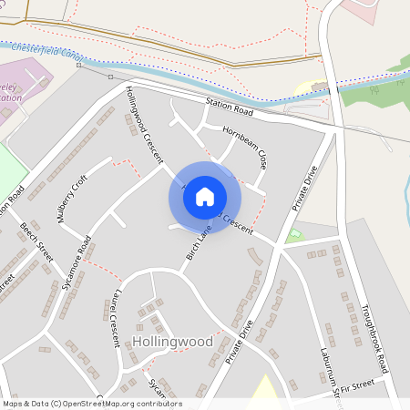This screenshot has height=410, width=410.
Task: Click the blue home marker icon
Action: coord(205,196)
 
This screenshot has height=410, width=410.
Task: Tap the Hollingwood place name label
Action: coord(172,342)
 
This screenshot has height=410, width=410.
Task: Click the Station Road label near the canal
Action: coord(228,108)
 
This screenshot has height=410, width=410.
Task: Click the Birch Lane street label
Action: coord(199,243)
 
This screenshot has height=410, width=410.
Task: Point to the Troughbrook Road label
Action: coord(374,338)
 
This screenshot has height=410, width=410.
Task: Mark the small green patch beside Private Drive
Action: coord(293,236)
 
